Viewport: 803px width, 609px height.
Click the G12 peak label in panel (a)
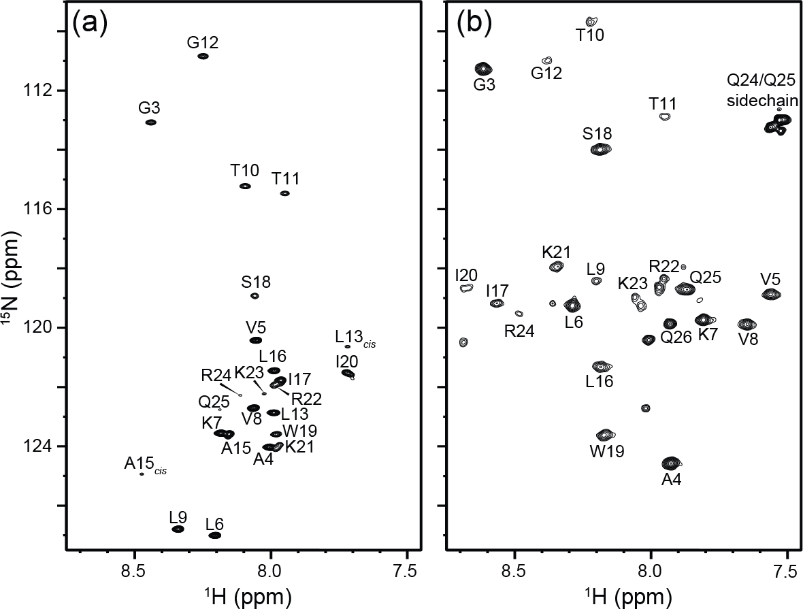tap(203, 43)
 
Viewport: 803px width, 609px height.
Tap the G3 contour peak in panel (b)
tap(483, 68)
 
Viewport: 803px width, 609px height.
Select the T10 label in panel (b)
tap(590, 35)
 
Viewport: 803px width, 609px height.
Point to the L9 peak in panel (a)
tap(178, 529)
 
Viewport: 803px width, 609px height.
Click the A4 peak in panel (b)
tap(672, 463)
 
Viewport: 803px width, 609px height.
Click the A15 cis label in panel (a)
tap(146, 465)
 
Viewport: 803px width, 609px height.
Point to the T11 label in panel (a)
tap(285, 179)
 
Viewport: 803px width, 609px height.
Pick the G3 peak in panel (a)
tap(151, 122)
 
